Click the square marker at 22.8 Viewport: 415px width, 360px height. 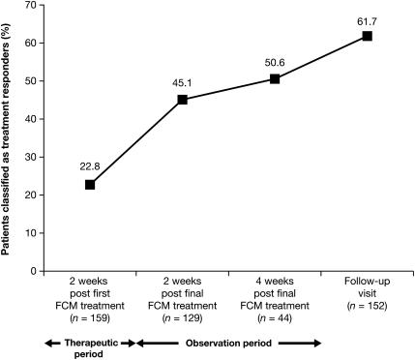pyautogui.click(x=90, y=185)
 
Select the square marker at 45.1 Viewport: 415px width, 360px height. pyautogui.click(x=182, y=100)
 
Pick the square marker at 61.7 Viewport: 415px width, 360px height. pyautogui.click(x=367, y=36)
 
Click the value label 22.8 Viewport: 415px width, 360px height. pyautogui.click(x=90, y=165)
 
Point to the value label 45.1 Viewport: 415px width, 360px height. pyautogui.click(x=182, y=81)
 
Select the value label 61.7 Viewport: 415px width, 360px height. pyautogui.click(x=367, y=16)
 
